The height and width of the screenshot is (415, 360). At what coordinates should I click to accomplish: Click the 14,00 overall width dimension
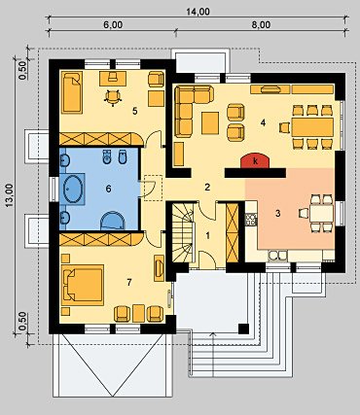198,12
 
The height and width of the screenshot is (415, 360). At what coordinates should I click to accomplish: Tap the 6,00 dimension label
113,25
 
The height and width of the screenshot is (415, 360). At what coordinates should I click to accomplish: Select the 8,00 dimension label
261,25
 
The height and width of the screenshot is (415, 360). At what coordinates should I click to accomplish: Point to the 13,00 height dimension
10,195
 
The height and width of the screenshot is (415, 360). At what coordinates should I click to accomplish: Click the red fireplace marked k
255,161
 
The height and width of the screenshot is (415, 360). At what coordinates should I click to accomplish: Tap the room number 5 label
135,111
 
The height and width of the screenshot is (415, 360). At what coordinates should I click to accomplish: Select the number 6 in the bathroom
108,189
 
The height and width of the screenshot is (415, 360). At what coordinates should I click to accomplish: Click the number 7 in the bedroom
129,283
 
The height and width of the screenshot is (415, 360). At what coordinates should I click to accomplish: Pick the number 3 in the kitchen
277,214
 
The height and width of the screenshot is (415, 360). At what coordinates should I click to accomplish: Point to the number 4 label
263,122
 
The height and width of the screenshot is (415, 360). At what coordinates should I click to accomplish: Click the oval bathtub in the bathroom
73,189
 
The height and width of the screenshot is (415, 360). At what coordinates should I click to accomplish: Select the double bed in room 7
83,285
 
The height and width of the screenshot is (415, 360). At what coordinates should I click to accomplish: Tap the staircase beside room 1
183,232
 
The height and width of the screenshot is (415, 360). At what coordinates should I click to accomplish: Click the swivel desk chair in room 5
113,97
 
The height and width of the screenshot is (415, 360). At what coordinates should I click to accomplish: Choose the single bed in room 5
72,92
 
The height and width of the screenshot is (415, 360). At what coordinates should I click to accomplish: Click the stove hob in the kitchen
251,220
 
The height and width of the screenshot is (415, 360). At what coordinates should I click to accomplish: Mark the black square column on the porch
243,329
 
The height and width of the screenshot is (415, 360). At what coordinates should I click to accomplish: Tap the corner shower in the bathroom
112,221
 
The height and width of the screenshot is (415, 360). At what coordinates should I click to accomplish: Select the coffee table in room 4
210,122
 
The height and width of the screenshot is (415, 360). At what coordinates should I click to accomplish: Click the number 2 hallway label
207,187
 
